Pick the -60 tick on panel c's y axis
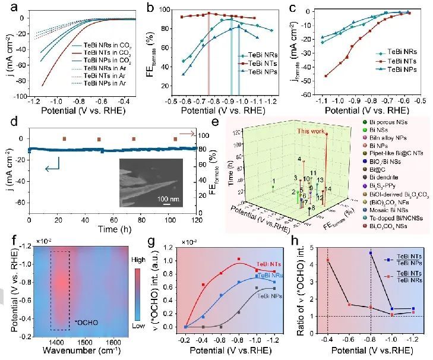[302, 95]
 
